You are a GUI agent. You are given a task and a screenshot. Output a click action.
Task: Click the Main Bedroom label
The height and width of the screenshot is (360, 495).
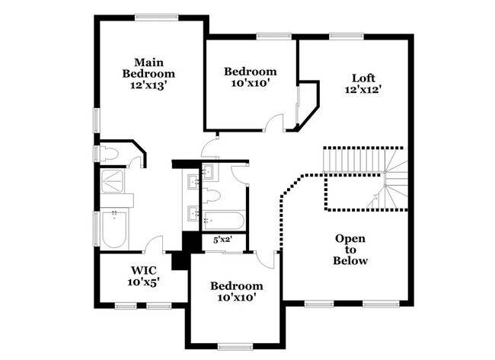(149, 67)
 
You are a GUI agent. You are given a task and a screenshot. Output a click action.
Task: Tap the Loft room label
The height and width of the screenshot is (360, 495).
(362, 77)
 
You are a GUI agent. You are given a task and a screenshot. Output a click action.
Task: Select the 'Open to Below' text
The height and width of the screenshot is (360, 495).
(350, 250)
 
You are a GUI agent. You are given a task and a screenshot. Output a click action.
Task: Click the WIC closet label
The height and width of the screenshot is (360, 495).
(144, 270)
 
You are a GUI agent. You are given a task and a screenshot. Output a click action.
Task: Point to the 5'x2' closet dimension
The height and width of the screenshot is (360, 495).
(222, 240)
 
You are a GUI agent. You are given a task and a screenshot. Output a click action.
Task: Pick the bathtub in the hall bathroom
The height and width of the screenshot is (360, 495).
(225, 221)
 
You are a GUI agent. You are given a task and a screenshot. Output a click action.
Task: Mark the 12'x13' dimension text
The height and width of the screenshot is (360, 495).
(149, 85)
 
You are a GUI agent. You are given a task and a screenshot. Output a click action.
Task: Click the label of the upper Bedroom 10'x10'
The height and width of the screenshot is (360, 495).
(248, 77)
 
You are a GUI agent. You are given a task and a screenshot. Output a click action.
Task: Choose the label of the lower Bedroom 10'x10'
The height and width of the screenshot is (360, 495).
(235, 292)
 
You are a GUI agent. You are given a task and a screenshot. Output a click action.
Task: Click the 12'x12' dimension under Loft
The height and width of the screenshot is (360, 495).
(362, 88)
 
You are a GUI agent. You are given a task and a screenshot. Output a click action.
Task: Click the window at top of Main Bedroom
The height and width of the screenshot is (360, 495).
(157, 15)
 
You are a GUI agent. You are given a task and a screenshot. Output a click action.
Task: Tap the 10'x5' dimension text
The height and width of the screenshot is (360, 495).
(144, 282)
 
